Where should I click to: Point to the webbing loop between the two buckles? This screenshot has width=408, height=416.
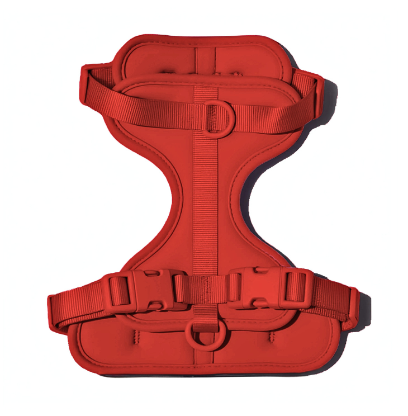[x=203, y=289]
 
